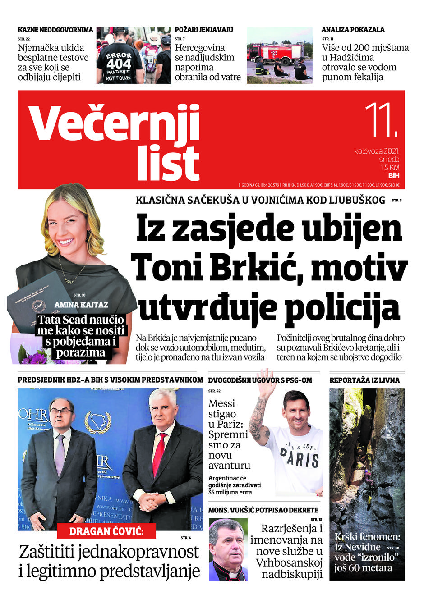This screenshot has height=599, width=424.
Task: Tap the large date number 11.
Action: [x=381, y=120]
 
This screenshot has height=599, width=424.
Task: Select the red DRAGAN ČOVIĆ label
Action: [x=106, y=531]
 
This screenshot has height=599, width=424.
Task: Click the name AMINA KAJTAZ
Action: [x=81, y=305]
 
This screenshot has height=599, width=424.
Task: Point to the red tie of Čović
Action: [x=158, y=455]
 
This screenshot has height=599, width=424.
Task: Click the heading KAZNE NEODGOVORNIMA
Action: [x=55, y=30]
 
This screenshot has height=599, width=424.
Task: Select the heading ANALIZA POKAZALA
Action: [x=353, y=30]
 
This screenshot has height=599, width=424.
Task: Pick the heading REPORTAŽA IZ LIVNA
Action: [x=364, y=380]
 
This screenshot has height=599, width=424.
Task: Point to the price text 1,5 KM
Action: [x=390, y=168]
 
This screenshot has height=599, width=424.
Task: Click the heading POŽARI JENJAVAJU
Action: [x=204, y=30]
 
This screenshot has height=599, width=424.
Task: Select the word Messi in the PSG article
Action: [x=221, y=403]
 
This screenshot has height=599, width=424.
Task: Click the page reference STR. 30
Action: [x=393, y=548]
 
